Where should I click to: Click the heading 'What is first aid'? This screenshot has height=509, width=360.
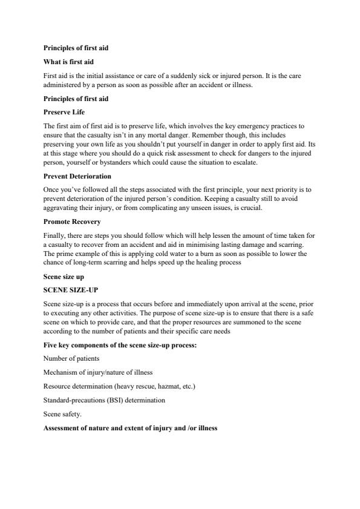pyautogui.click(x=68, y=62)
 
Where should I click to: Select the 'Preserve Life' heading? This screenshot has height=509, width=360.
pyautogui.click(x=64, y=112)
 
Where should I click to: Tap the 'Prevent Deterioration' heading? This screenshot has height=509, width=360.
pyautogui.click(x=77, y=176)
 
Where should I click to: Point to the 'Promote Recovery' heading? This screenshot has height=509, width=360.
pyautogui.click(x=72, y=222)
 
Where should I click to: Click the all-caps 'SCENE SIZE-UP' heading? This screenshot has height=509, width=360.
pyautogui.click(x=71, y=289)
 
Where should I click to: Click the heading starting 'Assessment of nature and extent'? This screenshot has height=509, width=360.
pyautogui.click(x=130, y=428)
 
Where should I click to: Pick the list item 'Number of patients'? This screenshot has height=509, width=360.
pyautogui.click(x=71, y=358)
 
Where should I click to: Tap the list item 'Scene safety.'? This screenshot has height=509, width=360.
pyautogui.click(x=63, y=414)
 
